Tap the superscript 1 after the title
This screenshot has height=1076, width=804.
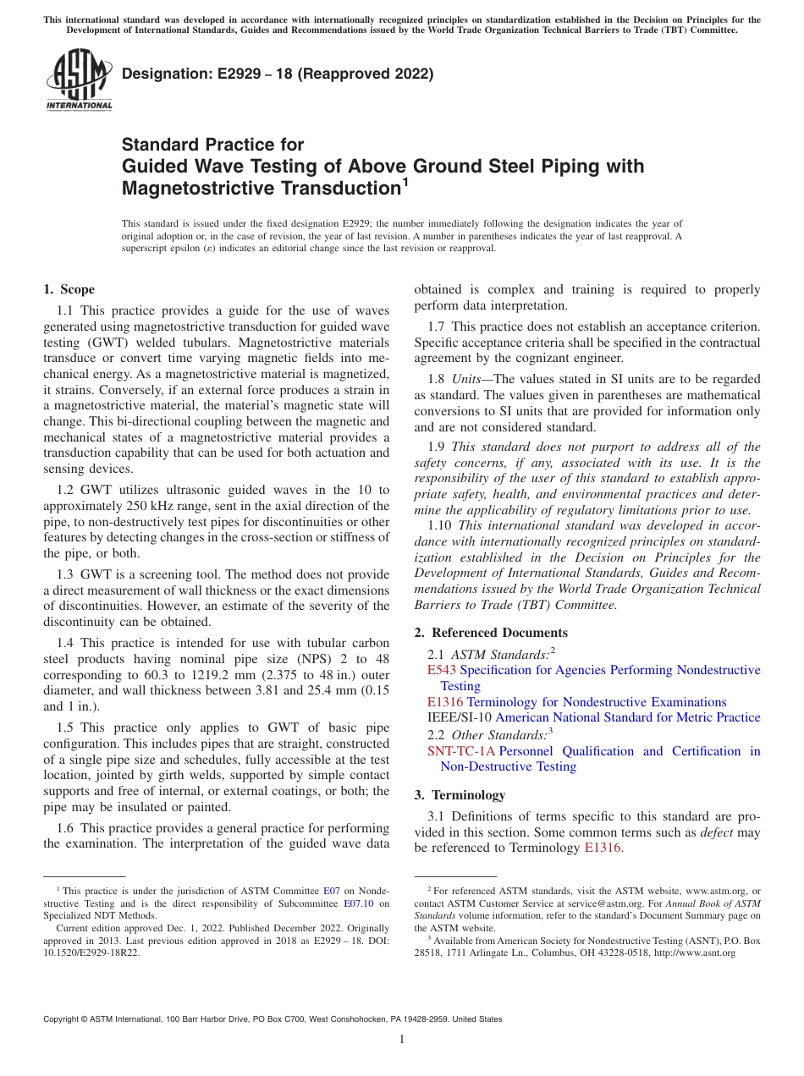pos(405,181)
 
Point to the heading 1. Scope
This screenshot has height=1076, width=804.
pos(69,289)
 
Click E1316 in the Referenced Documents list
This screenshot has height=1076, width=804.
pos(446,702)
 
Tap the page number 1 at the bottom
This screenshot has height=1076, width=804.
pos(402,1040)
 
